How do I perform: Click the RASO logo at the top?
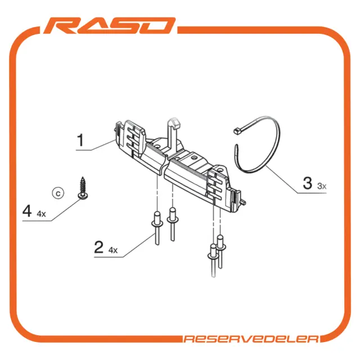[109, 26]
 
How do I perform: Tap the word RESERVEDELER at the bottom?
[251, 339]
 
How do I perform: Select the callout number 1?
[80, 140]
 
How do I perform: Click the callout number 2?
[99, 247]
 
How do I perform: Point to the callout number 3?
[308, 183]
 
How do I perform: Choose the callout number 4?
[27, 211]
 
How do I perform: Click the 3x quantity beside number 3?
[322, 186]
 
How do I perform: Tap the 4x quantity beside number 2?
[113, 250]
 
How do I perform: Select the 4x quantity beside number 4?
[41, 214]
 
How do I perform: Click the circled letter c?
[58, 193]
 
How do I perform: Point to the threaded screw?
[83, 188]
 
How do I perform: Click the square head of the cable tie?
[236, 131]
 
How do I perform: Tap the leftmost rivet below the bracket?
[157, 228]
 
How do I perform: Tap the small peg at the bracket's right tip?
[242, 202]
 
